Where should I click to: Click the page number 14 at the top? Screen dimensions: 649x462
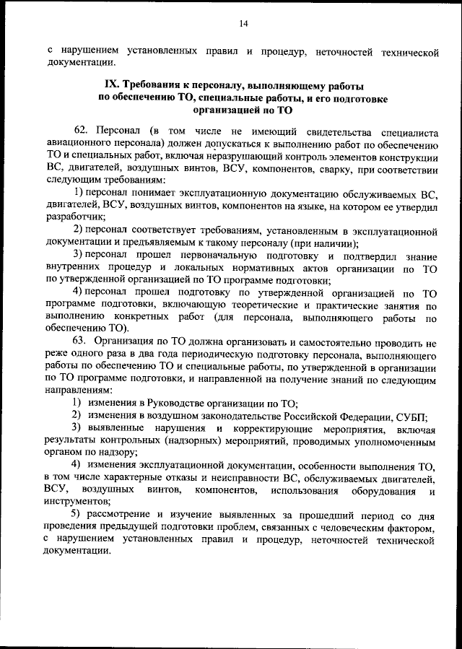243,24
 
